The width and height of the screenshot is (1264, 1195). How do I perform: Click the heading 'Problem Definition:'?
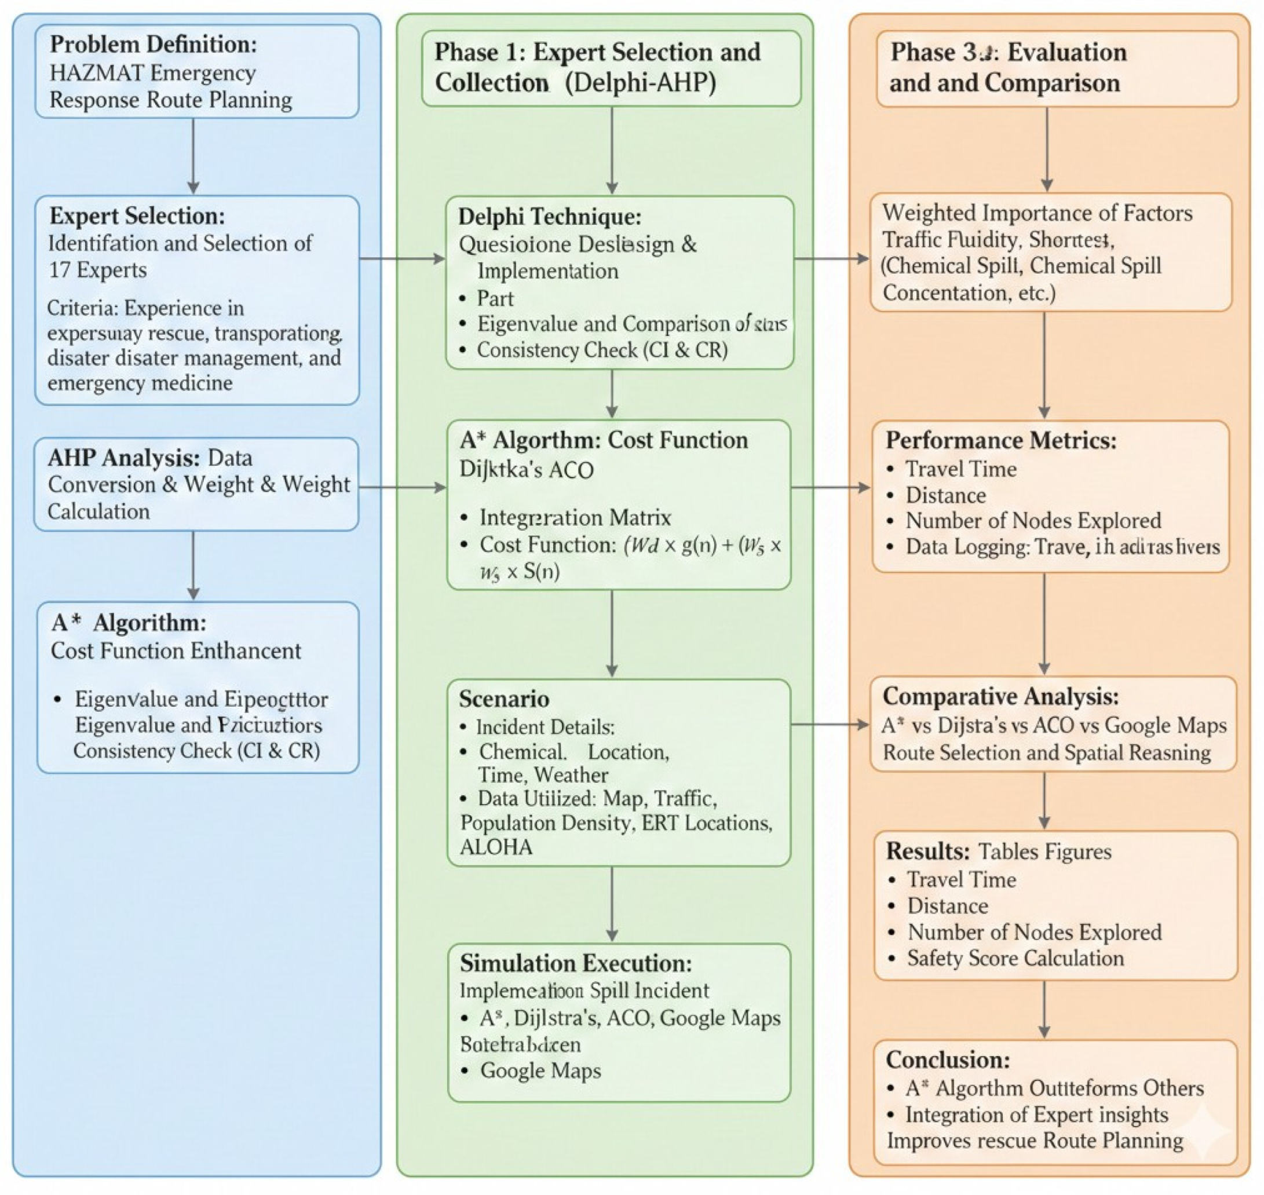154,45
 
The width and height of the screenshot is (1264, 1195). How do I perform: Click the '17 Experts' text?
97,270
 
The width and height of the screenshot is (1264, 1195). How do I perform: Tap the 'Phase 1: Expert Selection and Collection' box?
611,68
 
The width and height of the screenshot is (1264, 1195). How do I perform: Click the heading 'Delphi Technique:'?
549,217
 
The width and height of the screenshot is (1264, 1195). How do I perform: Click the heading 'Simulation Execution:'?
575,963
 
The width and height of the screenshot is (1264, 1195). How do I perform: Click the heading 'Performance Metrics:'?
1000,440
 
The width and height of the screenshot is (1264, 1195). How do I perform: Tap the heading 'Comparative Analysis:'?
1000,696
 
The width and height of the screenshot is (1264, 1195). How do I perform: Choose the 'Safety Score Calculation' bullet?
1015,958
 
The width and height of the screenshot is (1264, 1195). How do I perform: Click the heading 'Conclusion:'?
947,1059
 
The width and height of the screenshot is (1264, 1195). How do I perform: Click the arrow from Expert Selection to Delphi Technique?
401,258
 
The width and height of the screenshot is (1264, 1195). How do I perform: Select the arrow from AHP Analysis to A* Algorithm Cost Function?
401,487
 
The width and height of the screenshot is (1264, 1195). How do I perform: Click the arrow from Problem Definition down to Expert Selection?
193,156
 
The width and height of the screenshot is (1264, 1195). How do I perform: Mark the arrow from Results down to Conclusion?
1043,1009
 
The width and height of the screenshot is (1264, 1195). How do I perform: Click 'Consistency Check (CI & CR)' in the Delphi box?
602,350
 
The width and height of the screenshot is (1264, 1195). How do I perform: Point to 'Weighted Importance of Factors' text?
1037,213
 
